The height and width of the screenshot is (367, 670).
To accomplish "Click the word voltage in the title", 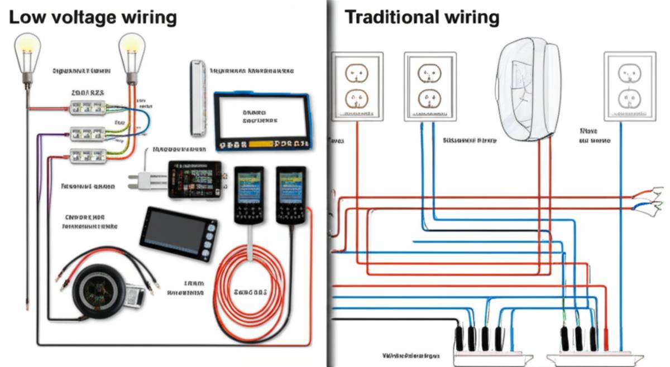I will point(87,18).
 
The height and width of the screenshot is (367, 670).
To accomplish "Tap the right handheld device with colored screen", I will point(290,195).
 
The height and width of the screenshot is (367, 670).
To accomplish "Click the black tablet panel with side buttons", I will point(178,234).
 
